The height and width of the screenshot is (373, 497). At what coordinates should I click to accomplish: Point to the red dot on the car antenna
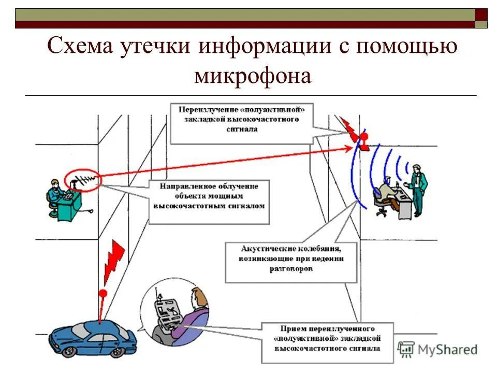click(x=103, y=293)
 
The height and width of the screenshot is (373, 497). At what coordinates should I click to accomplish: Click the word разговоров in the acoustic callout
click(x=291, y=269)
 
